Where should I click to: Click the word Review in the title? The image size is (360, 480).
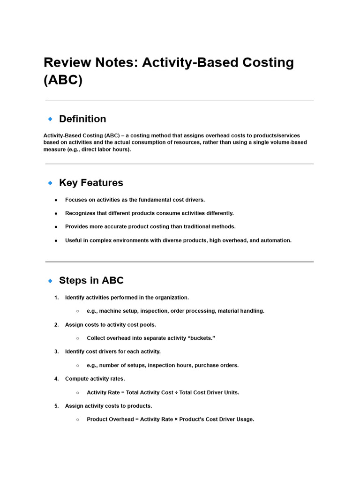tap(67, 63)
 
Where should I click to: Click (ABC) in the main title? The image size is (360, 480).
tap(63, 80)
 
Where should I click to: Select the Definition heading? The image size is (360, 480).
tap(82, 119)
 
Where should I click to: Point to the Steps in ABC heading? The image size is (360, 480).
tap(91, 281)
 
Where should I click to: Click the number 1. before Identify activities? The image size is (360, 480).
tap(56, 298)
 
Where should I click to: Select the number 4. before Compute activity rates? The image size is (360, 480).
tap(56, 379)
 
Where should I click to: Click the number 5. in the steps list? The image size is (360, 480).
tap(56, 406)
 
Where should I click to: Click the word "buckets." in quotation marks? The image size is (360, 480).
tap(201, 338)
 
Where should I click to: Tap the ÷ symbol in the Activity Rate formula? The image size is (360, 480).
tap(176, 392)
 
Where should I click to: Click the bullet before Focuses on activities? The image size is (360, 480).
tap(56, 200)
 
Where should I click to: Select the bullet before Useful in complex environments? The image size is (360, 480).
tap(56, 240)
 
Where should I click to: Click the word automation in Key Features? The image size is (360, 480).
tap(276, 240)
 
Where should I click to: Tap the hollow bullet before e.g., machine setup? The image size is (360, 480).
tap(77, 311)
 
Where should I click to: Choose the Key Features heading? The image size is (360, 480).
tap(91, 183)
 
